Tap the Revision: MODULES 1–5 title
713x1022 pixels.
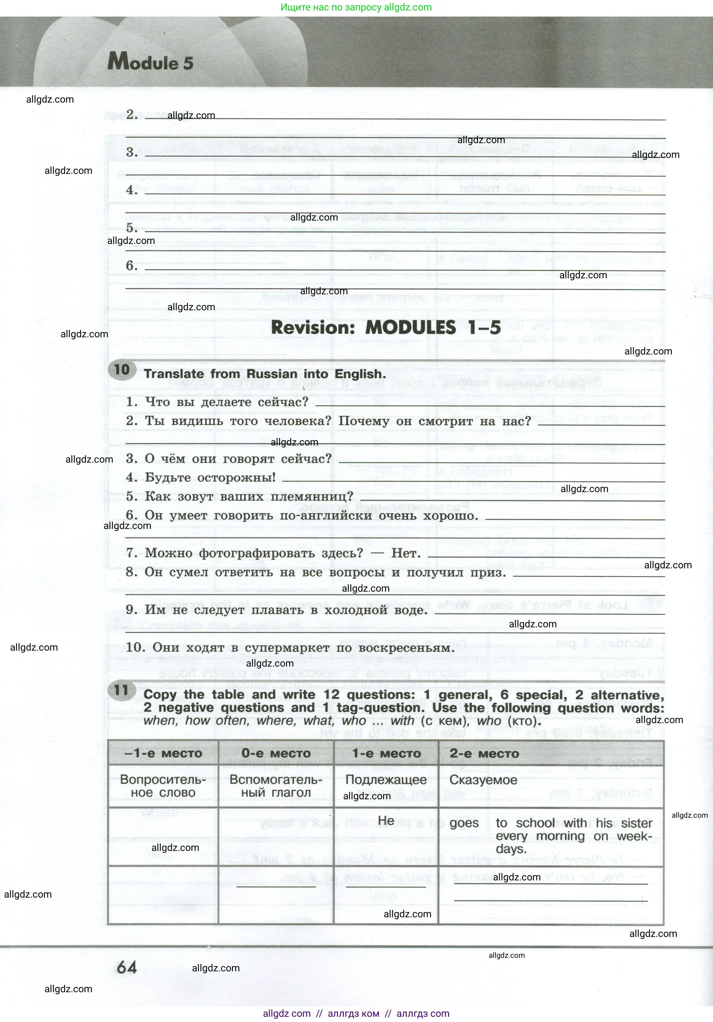coord(386,327)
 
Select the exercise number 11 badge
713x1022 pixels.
coord(121,690)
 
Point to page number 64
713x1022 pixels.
coord(127,967)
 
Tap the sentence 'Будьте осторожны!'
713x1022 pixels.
coord(210,478)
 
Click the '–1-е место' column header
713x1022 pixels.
coord(163,754)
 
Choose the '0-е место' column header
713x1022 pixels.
coord(276,754)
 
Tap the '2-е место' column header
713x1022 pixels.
coord(484,754)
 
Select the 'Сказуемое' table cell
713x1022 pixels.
coord(483,780)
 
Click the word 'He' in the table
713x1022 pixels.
coord(386,820)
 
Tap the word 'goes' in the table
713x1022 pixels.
coord(464,823)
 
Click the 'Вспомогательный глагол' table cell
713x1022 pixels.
coord(276,786)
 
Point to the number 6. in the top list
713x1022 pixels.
coord(132,266)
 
